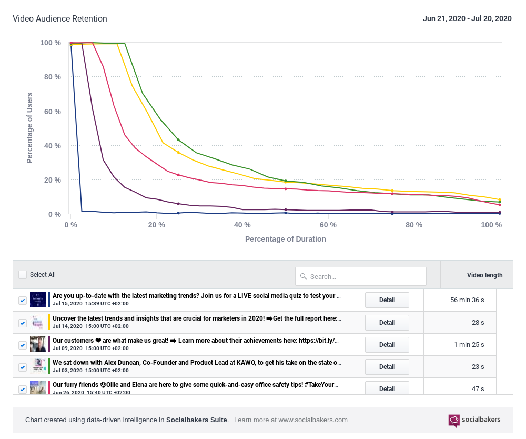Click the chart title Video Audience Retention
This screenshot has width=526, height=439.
click(60, 19)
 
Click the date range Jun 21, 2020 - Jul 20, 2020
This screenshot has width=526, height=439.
click(467, 19)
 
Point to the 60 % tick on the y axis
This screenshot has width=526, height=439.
click(50, 112)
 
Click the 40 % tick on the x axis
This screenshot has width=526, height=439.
click(242, 225)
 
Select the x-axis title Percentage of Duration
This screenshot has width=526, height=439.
click(285, 239)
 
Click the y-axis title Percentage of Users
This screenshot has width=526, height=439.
click(30, 128)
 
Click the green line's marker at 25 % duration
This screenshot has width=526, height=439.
click(178, 140)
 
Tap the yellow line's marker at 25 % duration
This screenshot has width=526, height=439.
click(178, 153)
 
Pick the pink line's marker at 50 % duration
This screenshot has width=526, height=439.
click(286, 189)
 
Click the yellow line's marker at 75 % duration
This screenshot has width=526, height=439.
click(392, 191)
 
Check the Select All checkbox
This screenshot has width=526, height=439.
click(23, 275)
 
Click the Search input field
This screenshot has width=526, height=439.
click(361, 276)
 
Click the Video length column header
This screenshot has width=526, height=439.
click(484, 275)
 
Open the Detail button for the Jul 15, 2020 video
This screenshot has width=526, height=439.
click(387, 300)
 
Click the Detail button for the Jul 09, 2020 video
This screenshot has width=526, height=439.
click(387, 345)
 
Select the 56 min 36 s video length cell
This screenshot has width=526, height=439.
click(467, 300)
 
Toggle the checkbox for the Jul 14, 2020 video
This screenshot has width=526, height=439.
click(23, 323)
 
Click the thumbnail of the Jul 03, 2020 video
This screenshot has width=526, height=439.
click(38, 366)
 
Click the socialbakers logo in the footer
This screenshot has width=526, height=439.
click(474, 420)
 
